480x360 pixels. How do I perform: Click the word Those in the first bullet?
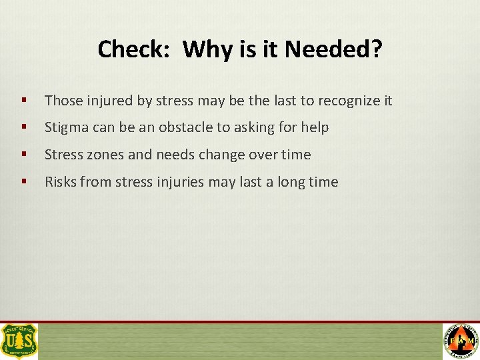click(x=63, y=101)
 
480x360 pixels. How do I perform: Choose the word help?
click(x=315, y=127)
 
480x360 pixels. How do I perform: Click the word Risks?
click(x=61, y=182)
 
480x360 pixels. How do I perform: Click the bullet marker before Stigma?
click(x=24, y=127)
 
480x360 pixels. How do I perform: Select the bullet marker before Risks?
click(x=24, y=182)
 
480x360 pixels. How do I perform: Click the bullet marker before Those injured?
click(x=24, y=101)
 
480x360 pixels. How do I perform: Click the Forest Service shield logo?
click(x=19, y=341)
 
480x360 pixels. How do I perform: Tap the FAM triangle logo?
click(x=461, y=341)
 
